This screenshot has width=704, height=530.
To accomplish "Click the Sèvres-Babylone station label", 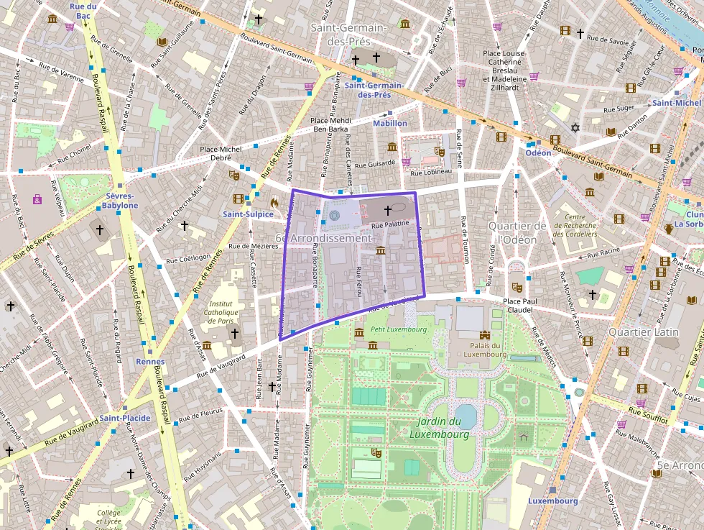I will tap(120, 200).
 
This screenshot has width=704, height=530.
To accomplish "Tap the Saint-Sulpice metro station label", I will tap(248, 214).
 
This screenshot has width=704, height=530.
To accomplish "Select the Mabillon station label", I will tap(389, 124).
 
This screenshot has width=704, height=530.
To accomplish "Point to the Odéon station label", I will tap(538, 152).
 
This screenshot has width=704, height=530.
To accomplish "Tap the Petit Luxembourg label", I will tap(389, 329).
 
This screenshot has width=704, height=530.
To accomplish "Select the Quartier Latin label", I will tap(643, 332).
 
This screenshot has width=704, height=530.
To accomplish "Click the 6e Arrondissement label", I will tap(323, 238).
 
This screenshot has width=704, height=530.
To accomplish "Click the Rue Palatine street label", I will tap(389, 224).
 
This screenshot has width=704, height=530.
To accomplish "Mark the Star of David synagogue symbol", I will tap(574, 128).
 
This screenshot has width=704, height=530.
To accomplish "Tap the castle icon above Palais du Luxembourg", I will tap(484, 334).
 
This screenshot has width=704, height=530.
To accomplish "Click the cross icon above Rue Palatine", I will tap(388, 211).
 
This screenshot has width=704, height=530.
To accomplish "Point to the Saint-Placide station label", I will tap(125, 418).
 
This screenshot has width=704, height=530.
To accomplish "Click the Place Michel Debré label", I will tap(221, 153).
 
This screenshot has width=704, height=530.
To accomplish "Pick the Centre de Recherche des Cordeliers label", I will tap(580, 225).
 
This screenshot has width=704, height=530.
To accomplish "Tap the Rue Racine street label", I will tap(603, 252).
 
